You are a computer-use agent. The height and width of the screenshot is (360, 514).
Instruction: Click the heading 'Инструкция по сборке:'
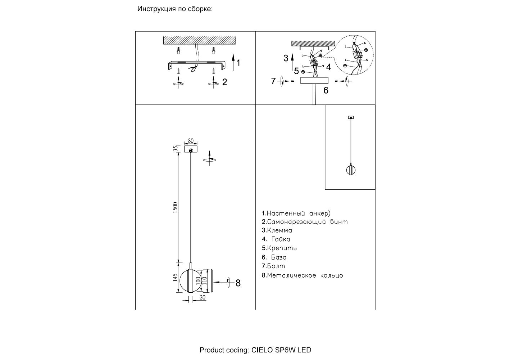tap(175, 9)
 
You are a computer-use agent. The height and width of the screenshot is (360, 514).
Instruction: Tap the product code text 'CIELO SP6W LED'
tap(281, 350)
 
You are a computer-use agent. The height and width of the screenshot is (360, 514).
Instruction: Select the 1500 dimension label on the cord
tap(176, 207)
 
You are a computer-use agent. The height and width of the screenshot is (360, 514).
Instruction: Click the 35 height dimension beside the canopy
tap(176, 148)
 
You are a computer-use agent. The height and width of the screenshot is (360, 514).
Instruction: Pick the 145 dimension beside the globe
tap(175, 278)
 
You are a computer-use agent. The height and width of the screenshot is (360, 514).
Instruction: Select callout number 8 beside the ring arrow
tap(238, 283)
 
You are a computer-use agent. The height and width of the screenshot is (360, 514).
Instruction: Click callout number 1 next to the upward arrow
tap(238, 63)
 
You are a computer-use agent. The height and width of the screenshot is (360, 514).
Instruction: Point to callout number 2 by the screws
tap(225, 82)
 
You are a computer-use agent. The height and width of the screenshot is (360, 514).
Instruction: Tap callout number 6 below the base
tap(326, 90)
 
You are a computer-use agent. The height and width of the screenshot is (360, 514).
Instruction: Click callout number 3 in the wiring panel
tap(286, 58)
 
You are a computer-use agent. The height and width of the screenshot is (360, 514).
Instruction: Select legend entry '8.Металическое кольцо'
tap(303, 276)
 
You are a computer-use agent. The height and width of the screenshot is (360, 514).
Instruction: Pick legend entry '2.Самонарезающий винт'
tap(305, 222)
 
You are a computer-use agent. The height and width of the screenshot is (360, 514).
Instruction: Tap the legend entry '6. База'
tap(274, 257)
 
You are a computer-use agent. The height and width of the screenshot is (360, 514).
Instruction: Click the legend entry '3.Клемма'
tap(277, 231)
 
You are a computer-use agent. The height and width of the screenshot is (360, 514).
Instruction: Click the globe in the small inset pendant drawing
tap(350, 170)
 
